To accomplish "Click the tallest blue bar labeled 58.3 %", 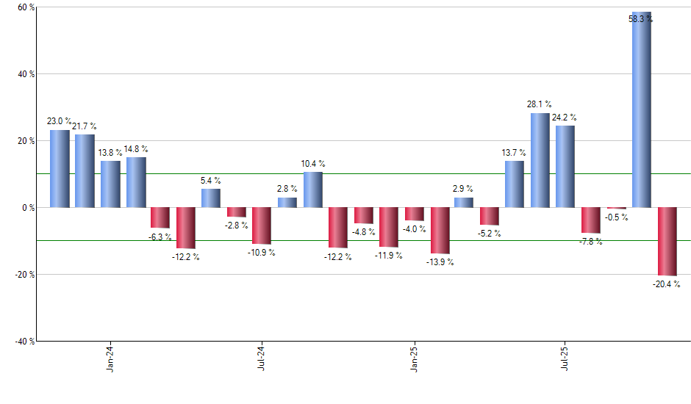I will pos(642,110).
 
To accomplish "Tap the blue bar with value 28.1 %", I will pos(540,160).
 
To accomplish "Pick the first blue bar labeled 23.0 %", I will pos(60,169).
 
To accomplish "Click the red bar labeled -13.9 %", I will pos(440,230).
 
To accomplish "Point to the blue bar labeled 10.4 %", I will pos(313,190).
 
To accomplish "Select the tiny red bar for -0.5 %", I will pos(616,209).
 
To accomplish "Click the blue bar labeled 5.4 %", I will pos(211,198).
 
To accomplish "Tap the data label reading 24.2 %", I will pos(565,118).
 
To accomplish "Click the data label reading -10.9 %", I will pos(262,252).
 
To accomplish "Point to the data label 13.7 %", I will pos(514,153).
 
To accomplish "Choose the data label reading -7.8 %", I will pos(590,241).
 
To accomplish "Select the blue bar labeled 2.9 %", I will pos(463,203).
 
